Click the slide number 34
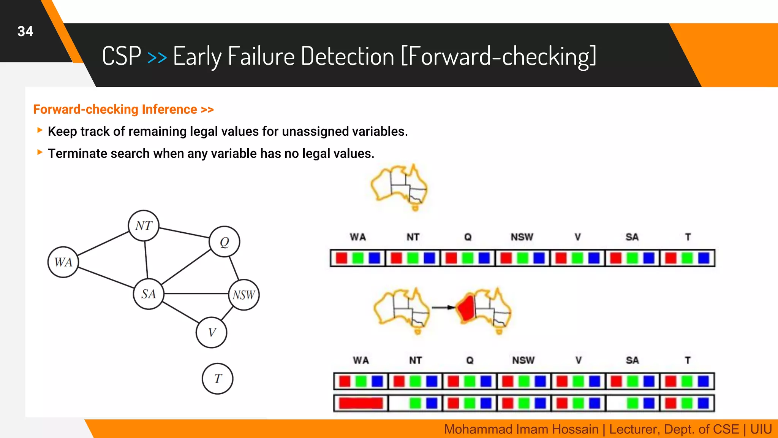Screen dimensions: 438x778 [25, 32]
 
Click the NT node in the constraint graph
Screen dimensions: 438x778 [144, 225]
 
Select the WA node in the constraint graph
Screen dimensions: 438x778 [63, 262]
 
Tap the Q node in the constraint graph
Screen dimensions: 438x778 [224, 242]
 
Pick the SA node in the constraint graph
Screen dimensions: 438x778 [149, 294]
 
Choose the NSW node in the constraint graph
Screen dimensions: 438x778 [244, 295]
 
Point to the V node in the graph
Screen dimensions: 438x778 [212, 332]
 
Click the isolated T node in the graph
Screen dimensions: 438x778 [217, 379]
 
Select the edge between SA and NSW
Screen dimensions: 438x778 [196, 294]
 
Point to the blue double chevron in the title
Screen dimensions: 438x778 [157, 57]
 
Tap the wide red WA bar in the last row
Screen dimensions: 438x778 [361, 403]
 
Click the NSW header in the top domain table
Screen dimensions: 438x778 [522, 237]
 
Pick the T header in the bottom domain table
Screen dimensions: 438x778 [688, 360]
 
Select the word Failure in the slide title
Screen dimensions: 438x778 [261, 56]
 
